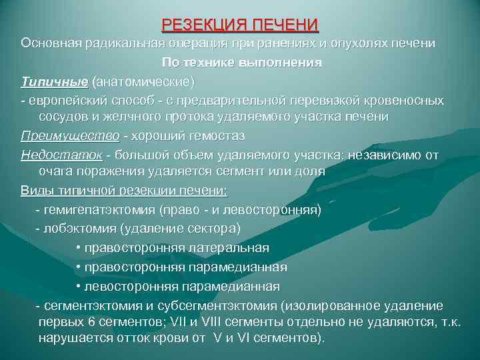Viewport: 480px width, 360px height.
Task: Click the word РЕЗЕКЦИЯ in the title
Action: pos(201,25)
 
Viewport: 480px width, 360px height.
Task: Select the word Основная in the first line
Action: pos(50,43)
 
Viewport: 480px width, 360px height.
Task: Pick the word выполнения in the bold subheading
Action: pos(287,63)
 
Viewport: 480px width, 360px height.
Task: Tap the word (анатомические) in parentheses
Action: pos(143,81)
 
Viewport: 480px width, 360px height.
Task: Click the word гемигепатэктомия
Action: pos(101,210)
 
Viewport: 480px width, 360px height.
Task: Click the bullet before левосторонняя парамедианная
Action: pos(79,286)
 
